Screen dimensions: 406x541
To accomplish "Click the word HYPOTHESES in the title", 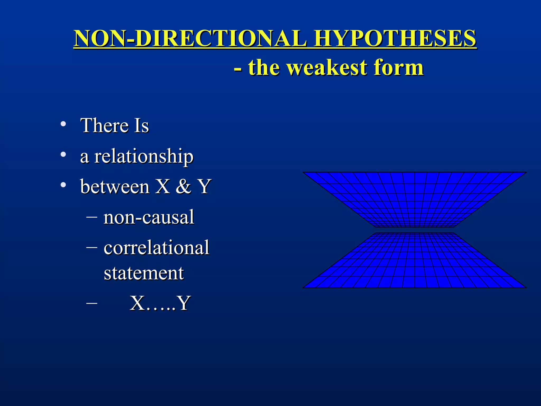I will pos(395,39).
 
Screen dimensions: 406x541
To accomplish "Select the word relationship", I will pos(144,157).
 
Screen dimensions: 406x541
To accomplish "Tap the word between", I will pos(115,187).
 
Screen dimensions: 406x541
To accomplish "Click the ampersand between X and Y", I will pos(183,187).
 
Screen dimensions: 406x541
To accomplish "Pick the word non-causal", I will pos(149,217).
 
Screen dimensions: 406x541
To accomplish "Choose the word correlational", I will pos(156,248).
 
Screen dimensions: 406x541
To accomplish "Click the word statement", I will pos(144,273).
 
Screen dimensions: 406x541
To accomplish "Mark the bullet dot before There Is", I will pos(63,124).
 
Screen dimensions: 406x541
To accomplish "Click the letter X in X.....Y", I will pos(137,303).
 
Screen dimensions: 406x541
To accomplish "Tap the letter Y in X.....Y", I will pos(184,303).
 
